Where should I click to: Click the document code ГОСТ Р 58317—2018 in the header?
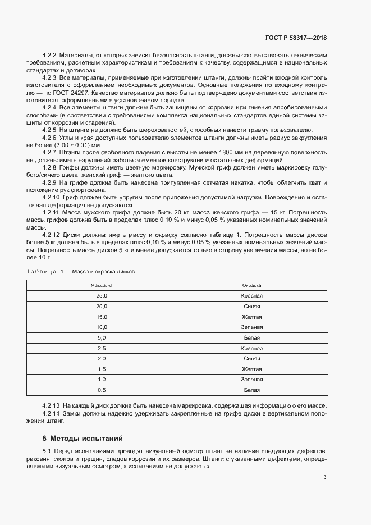[x=296, y=38]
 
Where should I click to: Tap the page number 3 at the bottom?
[x=325, y=478]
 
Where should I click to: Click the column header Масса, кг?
[x=102, y=285]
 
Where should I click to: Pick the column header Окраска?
[x=251, y=285]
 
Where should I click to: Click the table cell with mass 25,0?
[x=102, y=295]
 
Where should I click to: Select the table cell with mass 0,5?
[x=102, y=390]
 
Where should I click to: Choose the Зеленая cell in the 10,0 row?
[x=251, y=327]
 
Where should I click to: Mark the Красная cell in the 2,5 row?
[x=251, y=348]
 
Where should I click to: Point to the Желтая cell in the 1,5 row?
[x=251, y=369]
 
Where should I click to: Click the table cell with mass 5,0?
[x=102, y=337]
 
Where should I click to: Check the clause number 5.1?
[x=47, y=452]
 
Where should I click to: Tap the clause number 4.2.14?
[x=51, y=413]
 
